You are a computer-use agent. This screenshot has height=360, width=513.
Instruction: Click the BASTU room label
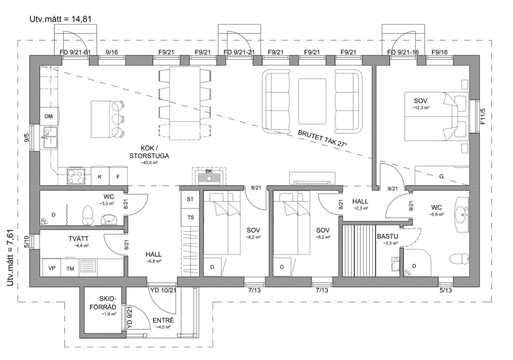pos(388,236)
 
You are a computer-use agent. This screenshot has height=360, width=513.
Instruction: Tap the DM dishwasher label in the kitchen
pos(49,116)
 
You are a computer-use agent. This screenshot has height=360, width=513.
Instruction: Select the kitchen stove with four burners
pos(76,176)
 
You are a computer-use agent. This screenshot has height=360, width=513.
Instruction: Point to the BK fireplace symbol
pos(209,176)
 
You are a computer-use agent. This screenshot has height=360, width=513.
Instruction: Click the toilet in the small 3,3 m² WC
pos(88,215)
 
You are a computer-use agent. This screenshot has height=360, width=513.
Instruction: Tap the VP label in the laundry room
pos(52,268)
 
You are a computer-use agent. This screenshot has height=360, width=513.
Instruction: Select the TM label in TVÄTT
pos(70,268)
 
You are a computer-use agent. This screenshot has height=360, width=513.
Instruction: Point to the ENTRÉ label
pos(163,320)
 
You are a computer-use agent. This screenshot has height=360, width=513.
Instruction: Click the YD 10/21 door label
pos(163,291)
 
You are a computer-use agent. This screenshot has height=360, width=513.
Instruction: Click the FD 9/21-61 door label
pos(75,52)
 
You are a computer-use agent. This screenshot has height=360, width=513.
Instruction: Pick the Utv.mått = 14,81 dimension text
pos(60,19)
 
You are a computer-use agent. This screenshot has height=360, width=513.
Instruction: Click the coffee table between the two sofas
pos(312,101)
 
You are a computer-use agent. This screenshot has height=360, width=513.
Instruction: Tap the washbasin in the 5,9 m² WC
pos(461,214)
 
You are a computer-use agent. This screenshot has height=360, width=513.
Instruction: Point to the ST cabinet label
pos(190,199)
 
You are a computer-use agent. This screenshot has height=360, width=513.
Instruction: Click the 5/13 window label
pos(446,291)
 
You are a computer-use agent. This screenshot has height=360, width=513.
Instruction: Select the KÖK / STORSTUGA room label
pos(149,152)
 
